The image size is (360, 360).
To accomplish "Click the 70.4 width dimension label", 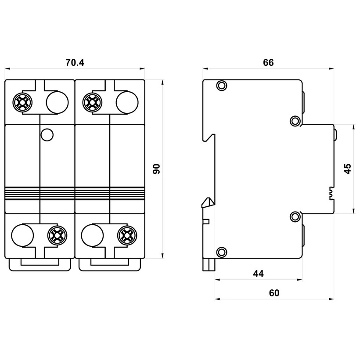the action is [75, 62].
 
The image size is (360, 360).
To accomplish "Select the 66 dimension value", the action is [268, 62].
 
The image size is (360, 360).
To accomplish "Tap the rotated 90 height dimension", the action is [157, 169].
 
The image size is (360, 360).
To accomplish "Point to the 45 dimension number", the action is [348, 169].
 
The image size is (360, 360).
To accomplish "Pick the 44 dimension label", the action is [258, 274].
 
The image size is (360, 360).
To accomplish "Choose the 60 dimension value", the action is [274, 293].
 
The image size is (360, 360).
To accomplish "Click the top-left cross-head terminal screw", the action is [22, 102].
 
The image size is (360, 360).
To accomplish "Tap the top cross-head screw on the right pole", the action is [92, 102].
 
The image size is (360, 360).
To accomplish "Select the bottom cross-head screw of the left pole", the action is [58, 235].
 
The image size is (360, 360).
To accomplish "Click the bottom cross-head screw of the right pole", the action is [127, 235].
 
